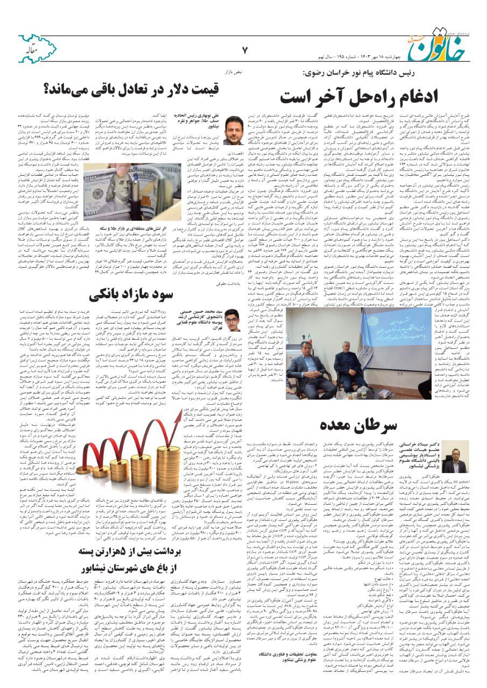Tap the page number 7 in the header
tap(245, 51)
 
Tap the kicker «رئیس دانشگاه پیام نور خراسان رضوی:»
tap(355, 73)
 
